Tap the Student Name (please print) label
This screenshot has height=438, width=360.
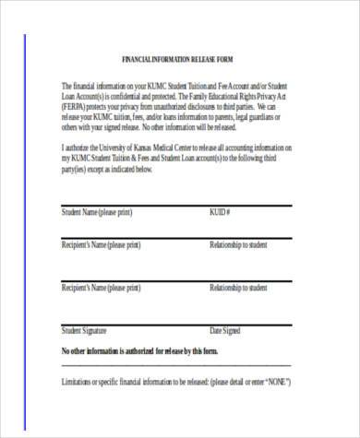(96, 213)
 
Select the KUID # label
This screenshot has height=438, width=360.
(220, 213)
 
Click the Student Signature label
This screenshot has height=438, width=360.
(84, 330)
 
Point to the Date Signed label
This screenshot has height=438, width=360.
(225, 330)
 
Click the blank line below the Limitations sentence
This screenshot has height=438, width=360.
(175, 407)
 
